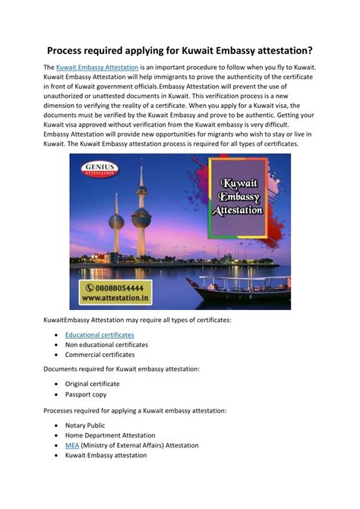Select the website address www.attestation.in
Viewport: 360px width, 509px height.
click(x=114, y=301)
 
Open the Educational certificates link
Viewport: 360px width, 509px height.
click(x=99, y=334)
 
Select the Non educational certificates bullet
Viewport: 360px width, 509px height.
click(x=106, y=344)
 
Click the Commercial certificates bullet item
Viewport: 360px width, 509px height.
click(x=99, y=354)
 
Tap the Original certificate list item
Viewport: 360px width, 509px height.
click(x=93, y=384)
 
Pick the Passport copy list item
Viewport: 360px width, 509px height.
click(x=86, y=394)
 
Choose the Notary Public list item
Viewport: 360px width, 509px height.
click(x=85, y=425)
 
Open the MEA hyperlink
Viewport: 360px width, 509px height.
click(x=72, y=445)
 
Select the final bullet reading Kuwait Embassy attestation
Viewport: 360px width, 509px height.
click(x=106, y=455)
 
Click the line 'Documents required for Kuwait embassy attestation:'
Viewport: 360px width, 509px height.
click(x=122, y=368)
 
